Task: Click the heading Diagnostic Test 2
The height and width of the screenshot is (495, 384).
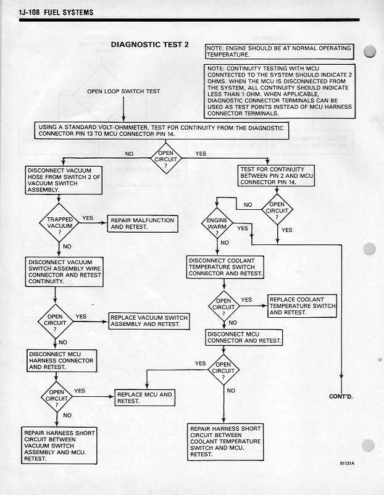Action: tap(149, 45)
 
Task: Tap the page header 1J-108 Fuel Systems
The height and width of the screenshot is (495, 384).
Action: tap(56, 12)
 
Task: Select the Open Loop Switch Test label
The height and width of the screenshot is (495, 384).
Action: tap(123, 91)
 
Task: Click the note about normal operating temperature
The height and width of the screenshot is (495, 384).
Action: tap(279, 51)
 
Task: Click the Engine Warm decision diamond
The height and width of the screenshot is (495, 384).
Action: tap(217, 223)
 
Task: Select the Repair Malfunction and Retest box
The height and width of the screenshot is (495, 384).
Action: tap(142, 223)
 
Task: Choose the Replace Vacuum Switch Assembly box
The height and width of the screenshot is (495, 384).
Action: tap(148, 321)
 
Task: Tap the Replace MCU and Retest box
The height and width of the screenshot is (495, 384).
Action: tap(145, 397)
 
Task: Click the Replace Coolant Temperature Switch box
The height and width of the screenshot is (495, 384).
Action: tap(303, 306)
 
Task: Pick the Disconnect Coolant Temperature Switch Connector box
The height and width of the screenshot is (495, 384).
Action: tap(226, 266)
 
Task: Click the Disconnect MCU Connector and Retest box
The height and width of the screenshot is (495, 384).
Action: tap(244, 337)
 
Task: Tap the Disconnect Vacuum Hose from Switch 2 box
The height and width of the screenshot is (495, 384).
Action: tap(61, 180)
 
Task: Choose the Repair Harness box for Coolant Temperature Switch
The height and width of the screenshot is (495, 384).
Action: tap(225, 441)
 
